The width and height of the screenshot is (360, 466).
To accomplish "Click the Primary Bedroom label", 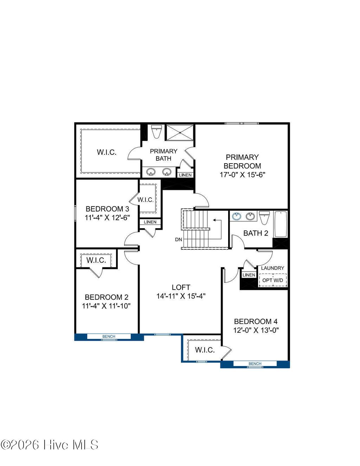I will (242, 162).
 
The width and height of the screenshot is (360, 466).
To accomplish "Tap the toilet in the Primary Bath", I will (156, 131).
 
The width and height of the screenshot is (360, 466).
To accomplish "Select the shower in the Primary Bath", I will (180, 133).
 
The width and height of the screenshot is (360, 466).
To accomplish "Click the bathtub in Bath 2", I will (281, 224).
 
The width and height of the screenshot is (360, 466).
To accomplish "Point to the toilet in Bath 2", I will (264, 217).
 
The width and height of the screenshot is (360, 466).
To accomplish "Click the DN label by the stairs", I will (179, 240).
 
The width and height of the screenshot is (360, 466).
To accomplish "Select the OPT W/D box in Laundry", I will (273, 280).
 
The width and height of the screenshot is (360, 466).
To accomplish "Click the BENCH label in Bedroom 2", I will (109, 337).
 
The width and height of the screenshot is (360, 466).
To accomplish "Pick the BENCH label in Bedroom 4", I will (255, 364).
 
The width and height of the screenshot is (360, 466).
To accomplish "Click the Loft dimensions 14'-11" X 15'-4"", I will (181, 296).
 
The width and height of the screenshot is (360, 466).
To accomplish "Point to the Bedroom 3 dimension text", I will (107, 218).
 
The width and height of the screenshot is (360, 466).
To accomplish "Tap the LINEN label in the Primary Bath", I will (185, 175).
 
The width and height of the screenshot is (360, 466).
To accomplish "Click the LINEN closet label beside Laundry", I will (249, 275).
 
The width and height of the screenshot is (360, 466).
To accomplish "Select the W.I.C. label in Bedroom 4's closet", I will (205, 350).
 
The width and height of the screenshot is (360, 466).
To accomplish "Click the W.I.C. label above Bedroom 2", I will (96, 260).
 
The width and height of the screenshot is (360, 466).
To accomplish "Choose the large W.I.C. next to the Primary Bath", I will (107, 152).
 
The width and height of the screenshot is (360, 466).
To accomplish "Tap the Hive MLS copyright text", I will (49, 445).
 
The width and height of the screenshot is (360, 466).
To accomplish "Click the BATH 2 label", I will (256, 233).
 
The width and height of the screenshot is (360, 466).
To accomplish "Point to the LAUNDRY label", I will (272, 268).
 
